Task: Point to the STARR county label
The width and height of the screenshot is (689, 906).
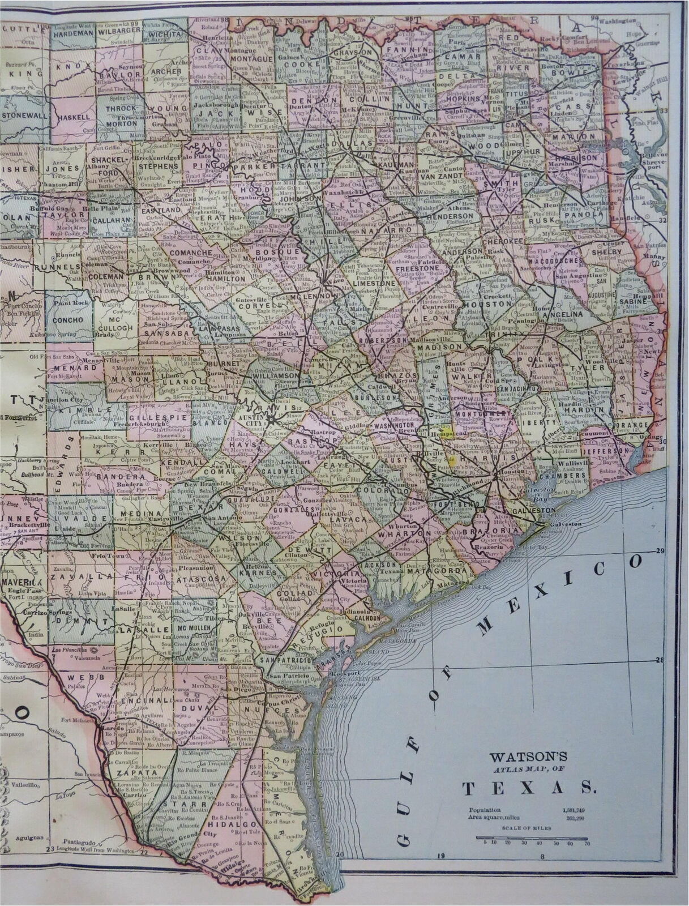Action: click(177, 804)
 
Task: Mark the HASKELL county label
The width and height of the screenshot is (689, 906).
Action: click(73, 117)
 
